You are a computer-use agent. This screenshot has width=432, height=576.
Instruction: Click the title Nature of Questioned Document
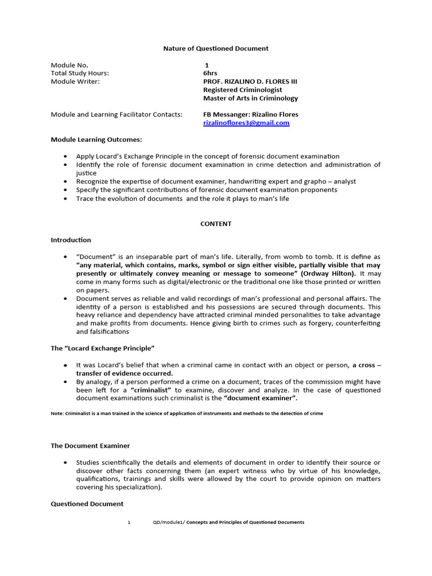215,48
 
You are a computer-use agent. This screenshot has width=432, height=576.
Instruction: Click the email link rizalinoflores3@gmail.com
246,123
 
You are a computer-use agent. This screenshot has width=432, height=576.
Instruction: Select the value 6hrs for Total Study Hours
209,73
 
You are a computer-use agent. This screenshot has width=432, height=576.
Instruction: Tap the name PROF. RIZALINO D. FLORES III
250,82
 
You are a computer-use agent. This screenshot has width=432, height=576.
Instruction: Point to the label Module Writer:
75,82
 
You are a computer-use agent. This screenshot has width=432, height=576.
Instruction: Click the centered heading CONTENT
216,223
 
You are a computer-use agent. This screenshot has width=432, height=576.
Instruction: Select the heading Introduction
71,240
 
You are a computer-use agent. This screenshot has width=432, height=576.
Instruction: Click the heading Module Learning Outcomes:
96,139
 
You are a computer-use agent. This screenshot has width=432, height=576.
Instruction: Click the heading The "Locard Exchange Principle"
102,348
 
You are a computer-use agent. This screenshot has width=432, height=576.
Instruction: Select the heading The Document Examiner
90,445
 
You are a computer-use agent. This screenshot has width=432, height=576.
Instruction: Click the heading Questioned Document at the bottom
87,504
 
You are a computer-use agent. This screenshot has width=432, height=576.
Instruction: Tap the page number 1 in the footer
129,522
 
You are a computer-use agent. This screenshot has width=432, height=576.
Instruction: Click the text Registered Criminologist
242,90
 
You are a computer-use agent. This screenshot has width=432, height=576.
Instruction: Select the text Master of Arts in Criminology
250,98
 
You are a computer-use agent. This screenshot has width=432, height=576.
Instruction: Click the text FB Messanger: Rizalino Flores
250,114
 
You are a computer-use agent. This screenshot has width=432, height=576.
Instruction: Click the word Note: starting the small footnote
57,413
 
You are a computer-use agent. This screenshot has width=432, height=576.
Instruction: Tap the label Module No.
69,65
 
